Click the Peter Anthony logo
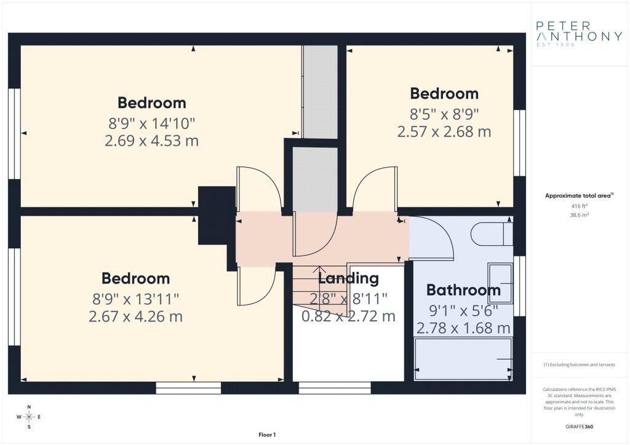click(579, 34)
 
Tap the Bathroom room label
click(463, 289)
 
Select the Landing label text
click(348, 278)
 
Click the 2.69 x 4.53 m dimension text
click(151, 141)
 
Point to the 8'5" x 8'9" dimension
click(444, 114)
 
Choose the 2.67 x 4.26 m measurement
click(135, 317)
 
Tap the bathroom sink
click(500, 283)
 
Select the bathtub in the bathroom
click(463, 359)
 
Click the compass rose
click(29, 417)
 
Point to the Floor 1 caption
click(267, 435)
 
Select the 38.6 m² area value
click(579, 215)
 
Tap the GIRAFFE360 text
click(579, 427)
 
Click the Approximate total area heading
click(579, 196)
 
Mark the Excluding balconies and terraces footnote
click(579, 364)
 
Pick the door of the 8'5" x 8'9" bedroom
click(375, 189)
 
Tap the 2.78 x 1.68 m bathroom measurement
click(463, 328)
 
